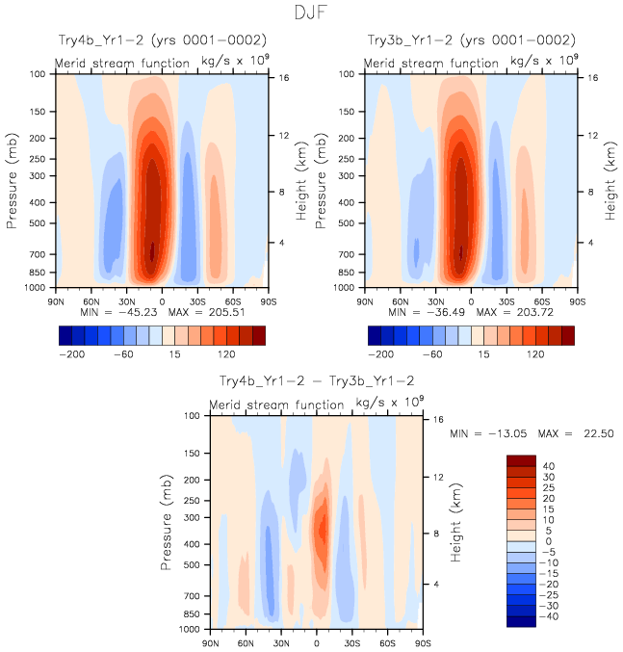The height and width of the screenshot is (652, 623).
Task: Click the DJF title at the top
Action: pos(311,13)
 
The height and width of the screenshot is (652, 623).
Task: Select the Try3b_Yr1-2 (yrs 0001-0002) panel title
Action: pos(472,39)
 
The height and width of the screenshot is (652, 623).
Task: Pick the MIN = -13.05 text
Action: pos(484,434)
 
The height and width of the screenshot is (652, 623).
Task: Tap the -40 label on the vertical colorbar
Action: pos(548,616)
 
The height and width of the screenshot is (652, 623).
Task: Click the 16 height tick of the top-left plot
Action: pos(285,77)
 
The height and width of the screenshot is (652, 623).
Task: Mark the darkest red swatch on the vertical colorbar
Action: pos(521,460)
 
